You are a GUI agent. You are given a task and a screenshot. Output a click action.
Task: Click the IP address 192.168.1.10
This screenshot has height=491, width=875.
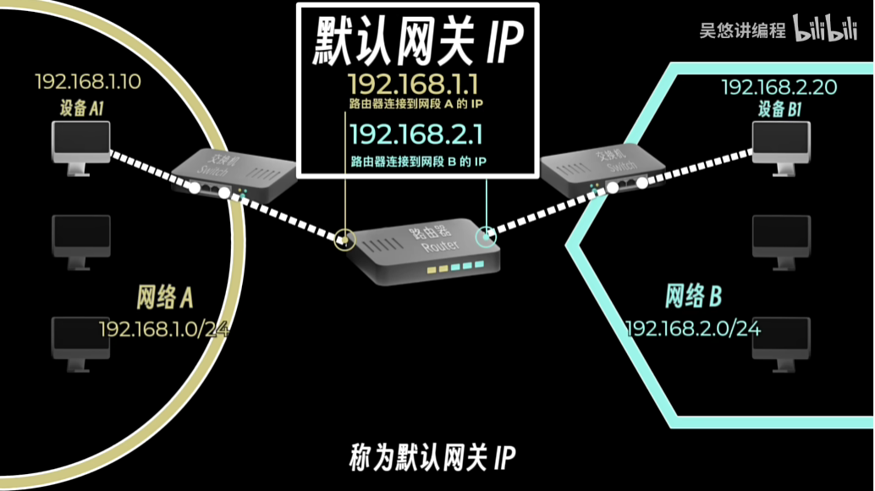coord(88,82)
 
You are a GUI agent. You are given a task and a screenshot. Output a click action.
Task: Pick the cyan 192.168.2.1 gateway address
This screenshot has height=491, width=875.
coord(416,135)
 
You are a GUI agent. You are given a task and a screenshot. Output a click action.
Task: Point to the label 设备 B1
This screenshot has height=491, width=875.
coord(780,109)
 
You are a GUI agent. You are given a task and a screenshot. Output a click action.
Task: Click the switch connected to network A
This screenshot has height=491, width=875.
coord(233,173)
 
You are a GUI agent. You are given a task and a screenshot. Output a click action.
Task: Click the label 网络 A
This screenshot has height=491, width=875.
coord(165,297)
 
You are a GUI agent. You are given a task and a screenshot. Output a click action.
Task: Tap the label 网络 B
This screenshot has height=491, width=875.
coord(693,297)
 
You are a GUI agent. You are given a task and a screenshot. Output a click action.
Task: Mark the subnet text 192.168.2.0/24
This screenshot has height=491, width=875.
coord(693,328)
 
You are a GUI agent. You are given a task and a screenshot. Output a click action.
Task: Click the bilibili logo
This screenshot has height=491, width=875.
coord(826,30)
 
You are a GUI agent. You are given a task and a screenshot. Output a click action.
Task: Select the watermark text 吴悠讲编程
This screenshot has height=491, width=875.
coord(742,30)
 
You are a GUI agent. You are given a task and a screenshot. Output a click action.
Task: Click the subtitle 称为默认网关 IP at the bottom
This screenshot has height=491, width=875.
coord(432,456)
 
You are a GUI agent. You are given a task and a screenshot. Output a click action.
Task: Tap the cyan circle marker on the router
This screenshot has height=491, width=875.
coord(486,237)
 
